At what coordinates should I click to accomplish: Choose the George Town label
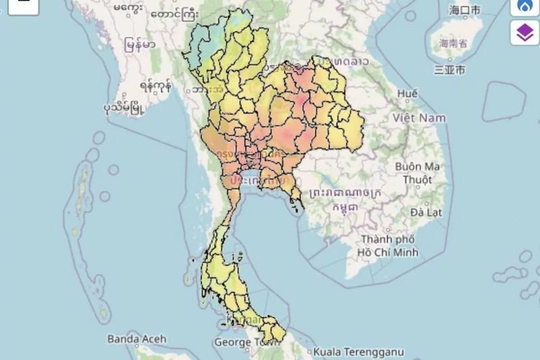point(242,342)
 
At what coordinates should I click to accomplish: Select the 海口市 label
point(465,9)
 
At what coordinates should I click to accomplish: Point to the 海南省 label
point(453,43)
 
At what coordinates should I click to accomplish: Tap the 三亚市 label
point(449,69)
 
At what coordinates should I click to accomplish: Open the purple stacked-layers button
point(523,32)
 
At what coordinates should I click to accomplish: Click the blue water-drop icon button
point(524,6)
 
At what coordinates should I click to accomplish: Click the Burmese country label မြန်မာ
point(140,45)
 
